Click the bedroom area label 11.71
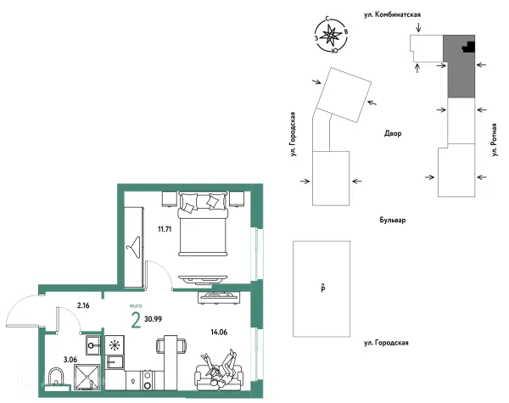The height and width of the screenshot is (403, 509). pyautogui.click(x=165, y=229)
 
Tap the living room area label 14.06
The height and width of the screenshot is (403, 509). pyautogui.click(x=219, y=333)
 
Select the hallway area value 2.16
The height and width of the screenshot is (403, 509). pyautogui.click(x=83, y=305)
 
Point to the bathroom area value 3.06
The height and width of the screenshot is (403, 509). pyautogui.click(x=70, y=360)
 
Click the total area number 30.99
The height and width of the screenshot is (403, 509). pyautogui.click(x=154, y=319)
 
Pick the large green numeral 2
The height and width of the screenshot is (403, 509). pyautogui.click(x=136, y=320)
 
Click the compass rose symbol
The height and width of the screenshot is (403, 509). pyautogui.click(x=332, y=36)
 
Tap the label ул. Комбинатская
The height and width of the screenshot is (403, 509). pyautogui.click(x=393, y=14)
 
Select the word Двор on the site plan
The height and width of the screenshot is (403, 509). pyautogui.click(x=393, y=133)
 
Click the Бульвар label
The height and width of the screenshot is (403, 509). pyautogui.click(x=393, y=220)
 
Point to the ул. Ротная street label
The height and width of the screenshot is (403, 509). pyautogui.click(x=495, y=140)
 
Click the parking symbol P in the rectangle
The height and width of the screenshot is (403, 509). pyautogui.click(x=323, y=288)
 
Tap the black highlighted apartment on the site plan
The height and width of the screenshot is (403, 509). pyautogui.click(x=470, y=47)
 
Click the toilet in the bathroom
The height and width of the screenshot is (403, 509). pyautogui.click(x=57, y=378)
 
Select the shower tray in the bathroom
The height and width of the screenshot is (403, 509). pyautogui.click(x=87, y=377)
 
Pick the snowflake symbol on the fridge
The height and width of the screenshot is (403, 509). pyautogui.click(x=115, y=344)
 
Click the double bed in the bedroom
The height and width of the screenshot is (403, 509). pyautogui.click(x=203, y=224)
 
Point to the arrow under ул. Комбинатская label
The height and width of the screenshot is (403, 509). pyautogui.click(x=419, y=27)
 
